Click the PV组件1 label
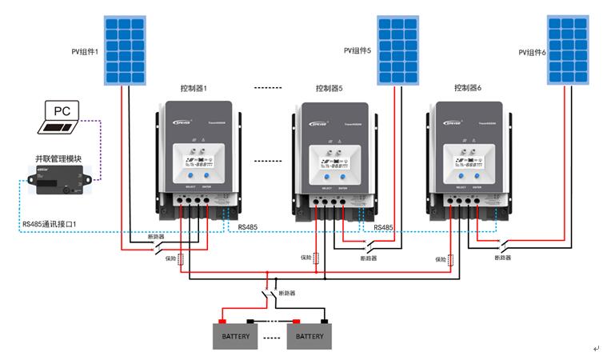pos(84,51)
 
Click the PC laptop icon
pos(62,118)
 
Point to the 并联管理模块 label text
pos(58,159)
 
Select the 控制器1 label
pos(194,87)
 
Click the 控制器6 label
pos(468,87)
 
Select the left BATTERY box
pos(238,336)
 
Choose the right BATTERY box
pos(309,336)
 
